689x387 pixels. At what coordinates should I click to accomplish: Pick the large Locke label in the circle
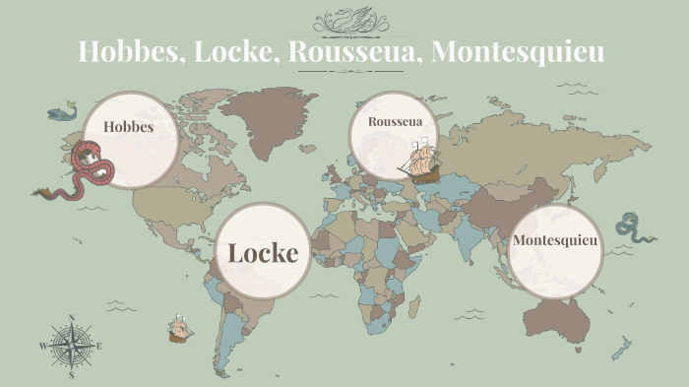(x=263, y=252)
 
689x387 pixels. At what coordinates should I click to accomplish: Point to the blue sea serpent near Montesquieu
(x=633, y=228)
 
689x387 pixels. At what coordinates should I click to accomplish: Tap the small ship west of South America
(x=178, y=328)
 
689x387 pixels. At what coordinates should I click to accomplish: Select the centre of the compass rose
(x=71, y=346)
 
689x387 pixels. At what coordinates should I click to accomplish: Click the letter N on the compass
(x=71, y=318)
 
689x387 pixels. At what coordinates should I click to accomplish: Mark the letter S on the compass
(x=71, y=374)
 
